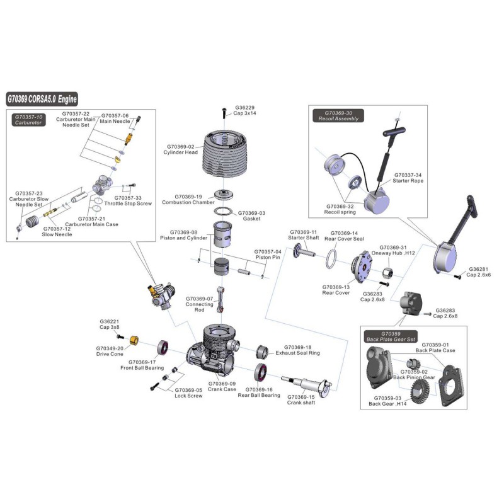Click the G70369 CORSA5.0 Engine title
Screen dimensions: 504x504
tap(42, 99)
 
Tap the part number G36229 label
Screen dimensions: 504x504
tap(244, 107)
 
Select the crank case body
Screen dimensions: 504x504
tap(214, 353)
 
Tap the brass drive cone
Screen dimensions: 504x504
tap(134, 341)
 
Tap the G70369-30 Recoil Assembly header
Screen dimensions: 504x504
tap(341, 116)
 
